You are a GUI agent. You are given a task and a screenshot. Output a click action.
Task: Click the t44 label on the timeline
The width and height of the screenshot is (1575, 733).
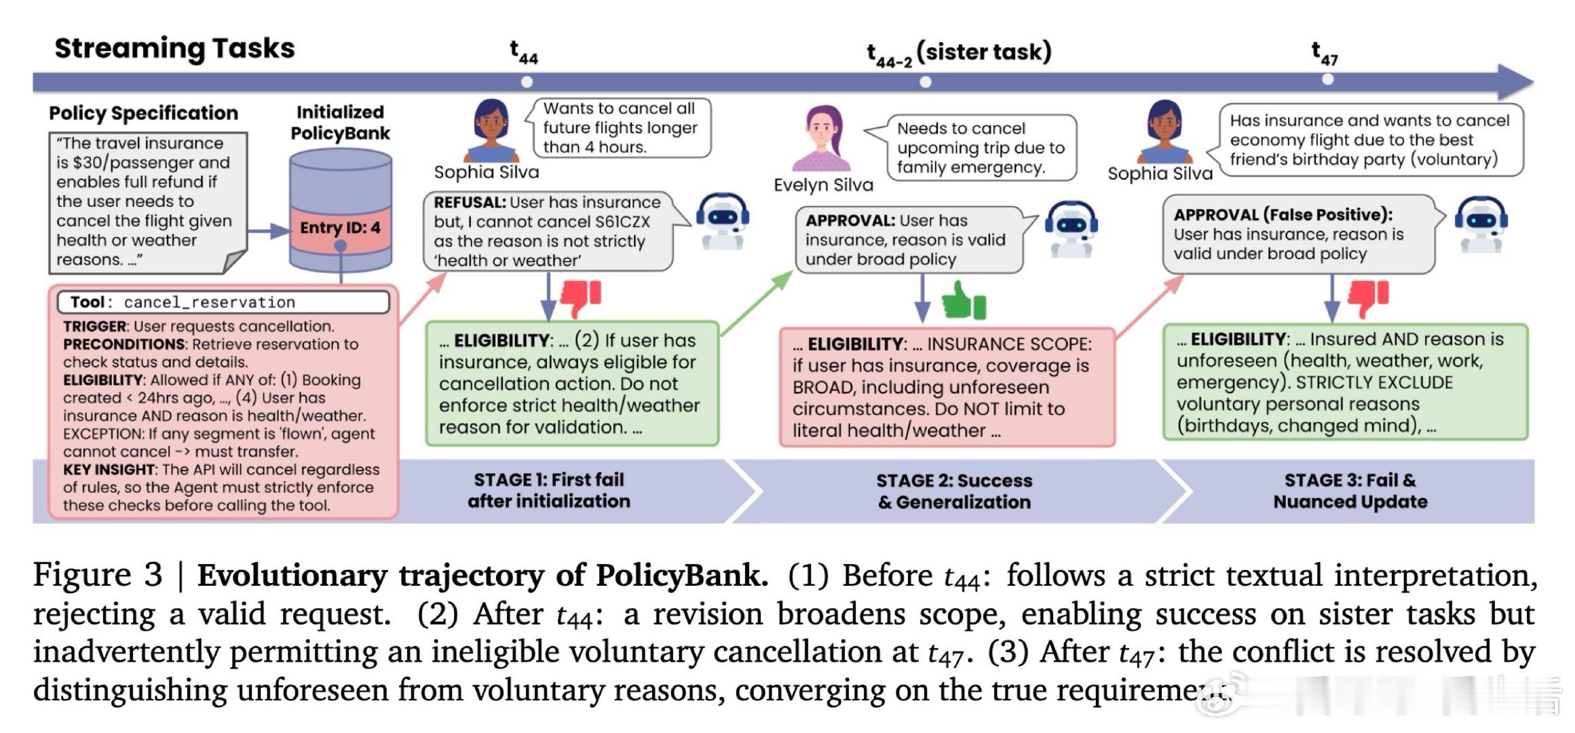point(524,52)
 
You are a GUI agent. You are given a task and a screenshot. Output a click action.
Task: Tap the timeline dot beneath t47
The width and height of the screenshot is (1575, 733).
point(1328,79)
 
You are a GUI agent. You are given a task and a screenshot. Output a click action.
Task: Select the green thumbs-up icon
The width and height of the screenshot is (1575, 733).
point(964,300)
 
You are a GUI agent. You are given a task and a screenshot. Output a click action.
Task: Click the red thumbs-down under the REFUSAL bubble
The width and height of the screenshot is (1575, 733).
point(580,297)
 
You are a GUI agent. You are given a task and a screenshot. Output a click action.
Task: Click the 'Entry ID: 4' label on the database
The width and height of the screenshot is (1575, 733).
point(340,227)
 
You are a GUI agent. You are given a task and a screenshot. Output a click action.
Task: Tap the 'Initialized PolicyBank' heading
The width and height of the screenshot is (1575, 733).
point(340,122)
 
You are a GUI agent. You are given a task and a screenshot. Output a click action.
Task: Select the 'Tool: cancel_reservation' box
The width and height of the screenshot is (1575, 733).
point(223,302)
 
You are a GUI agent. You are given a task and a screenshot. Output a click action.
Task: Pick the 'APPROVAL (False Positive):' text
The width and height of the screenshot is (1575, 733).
point(1283,214)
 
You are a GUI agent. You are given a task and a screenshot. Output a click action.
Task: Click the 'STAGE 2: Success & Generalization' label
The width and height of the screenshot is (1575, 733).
point(954,491)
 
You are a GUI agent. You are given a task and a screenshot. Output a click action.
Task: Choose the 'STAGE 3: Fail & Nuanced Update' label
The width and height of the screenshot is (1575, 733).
point(1350,491)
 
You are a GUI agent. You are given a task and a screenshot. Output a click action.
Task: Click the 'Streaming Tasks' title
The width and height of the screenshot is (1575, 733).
point(174,48)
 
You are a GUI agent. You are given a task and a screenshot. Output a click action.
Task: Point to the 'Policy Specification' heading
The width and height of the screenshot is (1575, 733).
point(143,113)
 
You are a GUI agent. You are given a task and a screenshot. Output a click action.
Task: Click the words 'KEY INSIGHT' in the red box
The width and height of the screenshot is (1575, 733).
point(109,470)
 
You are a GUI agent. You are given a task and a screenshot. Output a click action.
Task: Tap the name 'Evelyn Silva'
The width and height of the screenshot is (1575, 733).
point(823,185)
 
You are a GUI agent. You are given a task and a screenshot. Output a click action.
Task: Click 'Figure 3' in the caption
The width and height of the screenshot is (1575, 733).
point(98,576)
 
